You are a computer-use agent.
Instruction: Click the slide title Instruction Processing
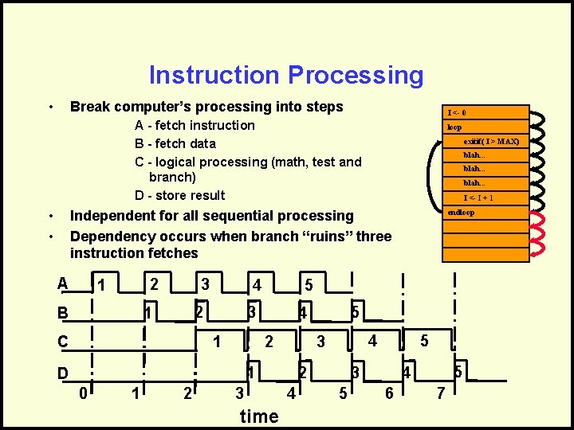pyautogui.click(x=286, y=75)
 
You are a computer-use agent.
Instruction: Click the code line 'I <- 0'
pyautogui.click(x=457, y=113)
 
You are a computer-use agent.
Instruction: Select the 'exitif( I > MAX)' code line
pyautogui.click(x=491, y=142)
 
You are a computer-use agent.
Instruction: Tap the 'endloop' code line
pyautogui.click(x=461, y=213)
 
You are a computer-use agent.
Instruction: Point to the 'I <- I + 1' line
pyautogui.click(x=478, y=198)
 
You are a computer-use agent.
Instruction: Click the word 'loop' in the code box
pyautogui.click(x=454, y=127)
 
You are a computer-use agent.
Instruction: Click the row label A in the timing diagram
pyautogui.click(x=62, y=283)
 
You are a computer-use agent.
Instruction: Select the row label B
pyautogui.click(x=62, y=313)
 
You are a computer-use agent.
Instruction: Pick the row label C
pyautogui.click(x=62, y=342)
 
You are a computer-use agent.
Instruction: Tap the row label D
pyautogui.click(x=62, y=373)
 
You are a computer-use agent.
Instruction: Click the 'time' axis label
pyautogui.click(x=259, y=416)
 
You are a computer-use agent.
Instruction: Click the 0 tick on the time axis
pyautogui.click(x=83, y=393)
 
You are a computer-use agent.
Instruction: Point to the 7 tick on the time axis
pyautogui.click(x=440, y=393)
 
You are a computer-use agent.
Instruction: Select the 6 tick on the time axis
pyautogui.click(x=388, y=393)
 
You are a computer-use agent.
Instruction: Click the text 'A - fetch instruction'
pyautogui.click(x=195, y=125)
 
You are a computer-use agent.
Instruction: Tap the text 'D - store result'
pyautogui.click(x=179, y=195)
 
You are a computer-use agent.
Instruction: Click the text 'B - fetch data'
pyautogui.click(x=175, y=143)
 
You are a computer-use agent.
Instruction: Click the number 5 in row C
pyautogui.click(x=424, y=341)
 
